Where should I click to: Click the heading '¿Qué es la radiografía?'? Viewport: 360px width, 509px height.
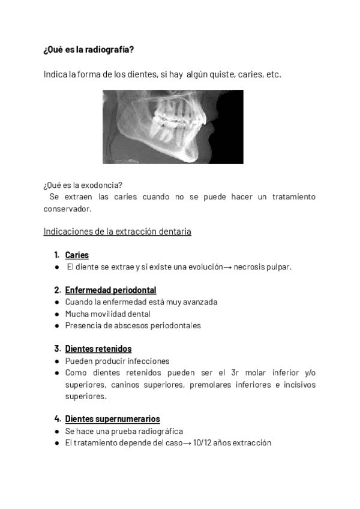click(x=89, y=50)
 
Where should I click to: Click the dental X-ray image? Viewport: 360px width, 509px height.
click(x=173, y=127)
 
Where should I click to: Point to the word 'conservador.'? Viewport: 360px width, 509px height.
click(x=67, y=209)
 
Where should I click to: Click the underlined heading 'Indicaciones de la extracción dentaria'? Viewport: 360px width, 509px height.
click(x=117, y=232)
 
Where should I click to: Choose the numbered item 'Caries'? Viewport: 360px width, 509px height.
click(x=77, y=255)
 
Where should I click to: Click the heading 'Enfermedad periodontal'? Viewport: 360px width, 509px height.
click(x=110, y=291)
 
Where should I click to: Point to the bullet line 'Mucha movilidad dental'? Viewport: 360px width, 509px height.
click(x=107, y=314)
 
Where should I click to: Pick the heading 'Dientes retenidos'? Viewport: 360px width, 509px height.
click(x=98, y=349)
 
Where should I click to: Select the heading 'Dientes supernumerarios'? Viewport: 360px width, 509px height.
click(x=112, y=419)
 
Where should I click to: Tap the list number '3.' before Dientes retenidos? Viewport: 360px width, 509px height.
click(x=58, y=349)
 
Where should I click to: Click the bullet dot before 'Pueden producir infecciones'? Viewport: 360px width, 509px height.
click(x=56, y=361)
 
